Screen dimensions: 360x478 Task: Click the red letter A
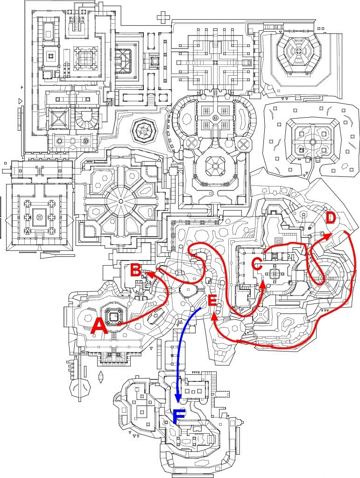[99, 325]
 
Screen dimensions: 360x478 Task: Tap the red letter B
[135, 270]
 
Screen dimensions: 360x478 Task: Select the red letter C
[256, 264]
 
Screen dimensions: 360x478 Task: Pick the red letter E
[212, 301]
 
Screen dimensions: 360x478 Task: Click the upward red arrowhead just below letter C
[262, 283]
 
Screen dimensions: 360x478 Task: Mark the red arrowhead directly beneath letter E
[214, 316]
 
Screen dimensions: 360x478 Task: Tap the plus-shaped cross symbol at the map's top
[163, 18]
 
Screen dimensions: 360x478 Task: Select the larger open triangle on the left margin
[20, 100]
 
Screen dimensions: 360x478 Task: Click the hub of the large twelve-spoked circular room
[121, 201]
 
